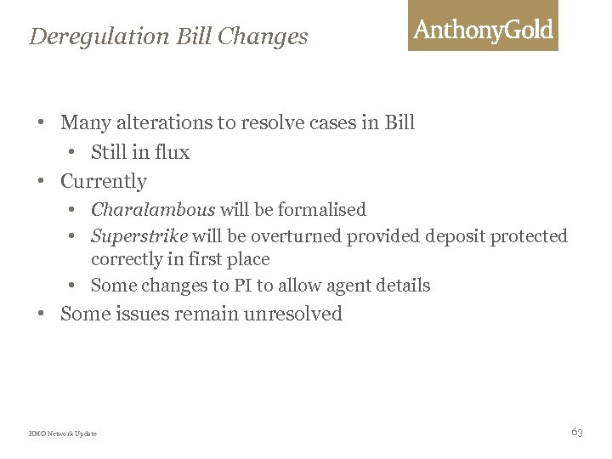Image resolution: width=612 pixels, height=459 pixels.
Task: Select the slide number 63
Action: tap(577, 432)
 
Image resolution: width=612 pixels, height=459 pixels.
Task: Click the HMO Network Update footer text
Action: tap(63, 433)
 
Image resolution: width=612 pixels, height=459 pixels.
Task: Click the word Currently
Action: tap(104, 181)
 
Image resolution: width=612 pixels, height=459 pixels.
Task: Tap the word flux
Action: tap(172, 153)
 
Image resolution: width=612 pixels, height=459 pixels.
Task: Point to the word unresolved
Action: tap(293, 314)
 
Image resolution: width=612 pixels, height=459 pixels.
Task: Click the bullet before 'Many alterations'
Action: tap(40, 122)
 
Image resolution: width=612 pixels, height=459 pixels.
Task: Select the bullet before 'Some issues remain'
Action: tap(40, 314)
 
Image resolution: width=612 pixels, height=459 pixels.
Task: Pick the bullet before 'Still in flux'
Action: tap(75, 153)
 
